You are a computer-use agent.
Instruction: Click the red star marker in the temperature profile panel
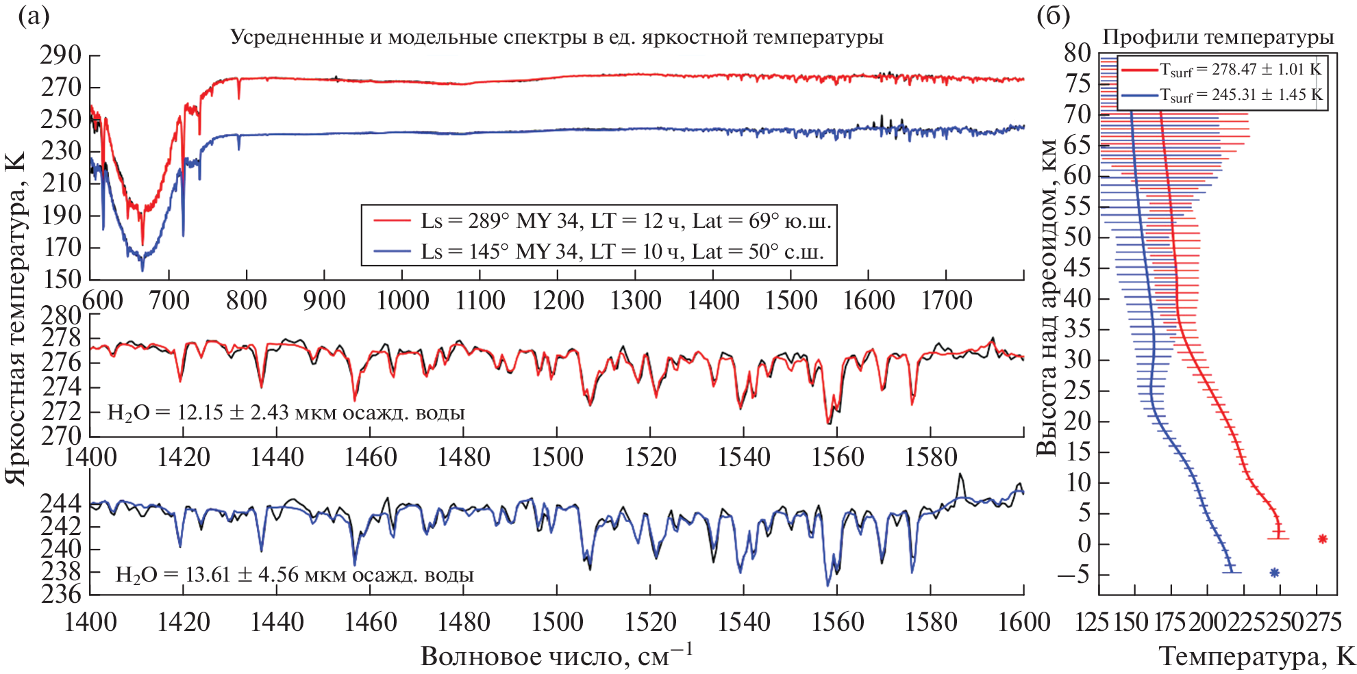click(1322, 539)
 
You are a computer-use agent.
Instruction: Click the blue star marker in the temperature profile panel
click(1274, 573)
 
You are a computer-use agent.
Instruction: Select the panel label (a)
click(34, 15)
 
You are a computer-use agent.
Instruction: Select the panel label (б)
click(1053, 15)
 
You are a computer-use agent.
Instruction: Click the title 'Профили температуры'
click(1218, 37)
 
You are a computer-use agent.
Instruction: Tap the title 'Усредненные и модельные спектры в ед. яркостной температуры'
click(556, 37)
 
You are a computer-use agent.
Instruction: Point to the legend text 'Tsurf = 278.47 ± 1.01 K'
click(1240, 70)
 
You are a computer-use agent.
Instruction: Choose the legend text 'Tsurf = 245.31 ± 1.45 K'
click(1240, 95)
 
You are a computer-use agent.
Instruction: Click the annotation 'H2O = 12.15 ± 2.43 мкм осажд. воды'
click(286, 413)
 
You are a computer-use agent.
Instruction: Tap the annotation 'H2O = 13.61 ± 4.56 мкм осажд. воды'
click(295, 575)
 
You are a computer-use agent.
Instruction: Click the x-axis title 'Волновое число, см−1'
click(556, 656)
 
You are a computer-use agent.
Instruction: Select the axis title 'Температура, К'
click(1257, 657)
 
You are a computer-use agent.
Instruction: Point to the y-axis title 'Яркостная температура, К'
click(15, 318)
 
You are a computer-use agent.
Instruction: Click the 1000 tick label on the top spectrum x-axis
click(402, 300)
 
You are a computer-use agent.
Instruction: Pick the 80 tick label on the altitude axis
click(1078, 53)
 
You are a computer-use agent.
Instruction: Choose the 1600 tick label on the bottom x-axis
click(1024, 622)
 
